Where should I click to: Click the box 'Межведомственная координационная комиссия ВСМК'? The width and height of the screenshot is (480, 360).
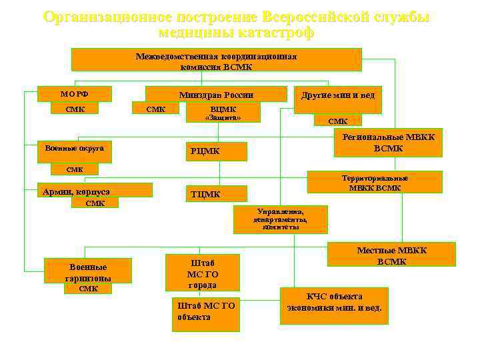(x=216, y=60)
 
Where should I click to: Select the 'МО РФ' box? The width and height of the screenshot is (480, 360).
(x=74, y=94)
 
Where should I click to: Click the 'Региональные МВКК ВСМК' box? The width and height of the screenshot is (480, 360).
(x=388, y=142)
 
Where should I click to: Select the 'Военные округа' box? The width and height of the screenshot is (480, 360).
(x=74, y=150)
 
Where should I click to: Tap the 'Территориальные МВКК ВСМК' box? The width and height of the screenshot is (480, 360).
(x=384, y=183)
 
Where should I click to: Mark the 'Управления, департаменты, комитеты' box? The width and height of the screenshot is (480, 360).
(x=280, y=219)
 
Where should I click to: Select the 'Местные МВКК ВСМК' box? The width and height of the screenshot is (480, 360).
(x=391, y=255)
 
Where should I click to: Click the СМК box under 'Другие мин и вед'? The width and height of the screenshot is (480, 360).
(x=338, y=121)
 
